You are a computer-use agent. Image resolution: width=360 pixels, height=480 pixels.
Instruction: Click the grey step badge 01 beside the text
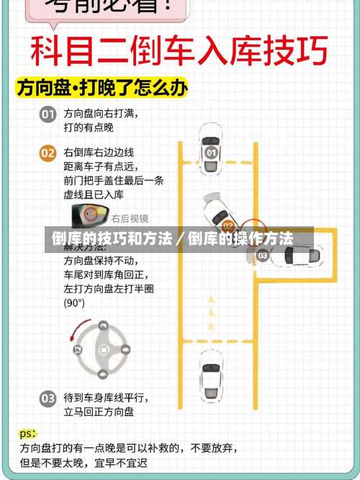[48, 115]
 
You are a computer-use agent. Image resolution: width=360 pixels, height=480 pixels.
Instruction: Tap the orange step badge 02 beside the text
[48, 154]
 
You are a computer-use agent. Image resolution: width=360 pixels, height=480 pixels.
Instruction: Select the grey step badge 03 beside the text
[48, 398]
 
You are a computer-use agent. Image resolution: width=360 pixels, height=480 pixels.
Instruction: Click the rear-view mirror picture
[89, 215]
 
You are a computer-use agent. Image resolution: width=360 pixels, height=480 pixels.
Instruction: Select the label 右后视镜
[130, 218]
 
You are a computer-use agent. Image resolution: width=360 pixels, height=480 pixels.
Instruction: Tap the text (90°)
[74, 303]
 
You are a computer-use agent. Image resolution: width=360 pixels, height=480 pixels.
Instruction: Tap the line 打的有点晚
[88, 128]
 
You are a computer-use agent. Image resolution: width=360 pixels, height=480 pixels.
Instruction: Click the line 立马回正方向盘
[98, 412]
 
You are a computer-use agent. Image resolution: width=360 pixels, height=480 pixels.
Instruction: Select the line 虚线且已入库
[94, 194]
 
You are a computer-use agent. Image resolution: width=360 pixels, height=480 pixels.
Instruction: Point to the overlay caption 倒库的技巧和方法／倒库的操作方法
[171, 239]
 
